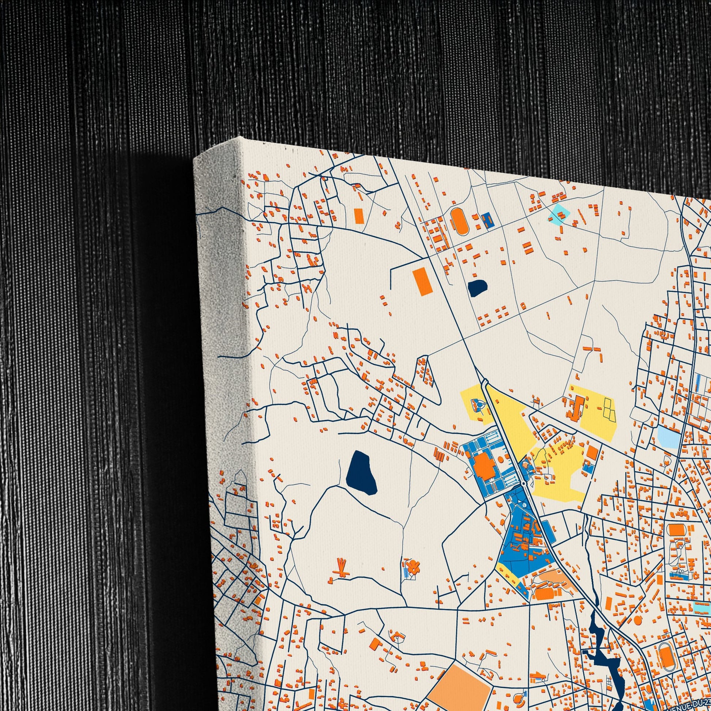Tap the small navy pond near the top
coord(478,288)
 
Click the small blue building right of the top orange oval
coord(488,220)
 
